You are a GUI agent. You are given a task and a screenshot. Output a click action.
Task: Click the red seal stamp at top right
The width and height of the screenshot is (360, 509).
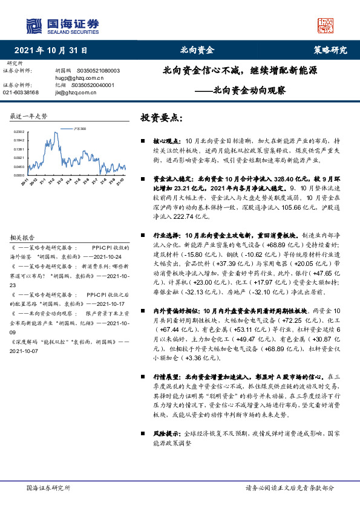coord(326,25)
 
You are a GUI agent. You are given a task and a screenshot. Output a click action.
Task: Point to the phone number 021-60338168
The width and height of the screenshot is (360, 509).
coord(21,92)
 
